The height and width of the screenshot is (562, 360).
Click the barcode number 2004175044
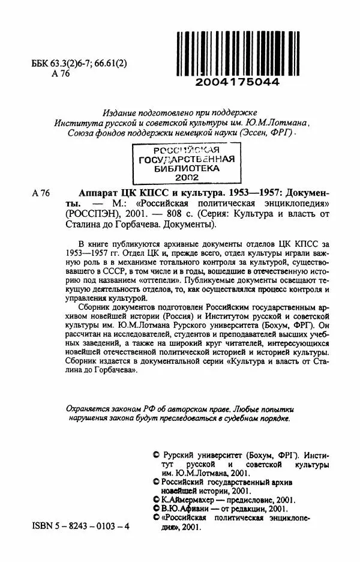click(238, 82)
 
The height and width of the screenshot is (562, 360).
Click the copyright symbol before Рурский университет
click(157, 456)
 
